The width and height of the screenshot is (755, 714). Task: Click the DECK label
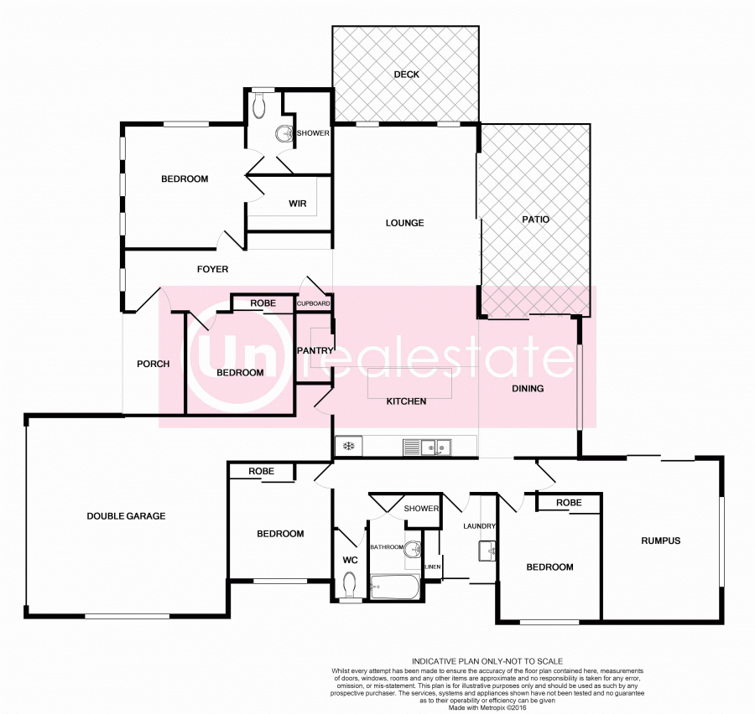pos(406,75)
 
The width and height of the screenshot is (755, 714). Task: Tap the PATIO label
pos(535,220)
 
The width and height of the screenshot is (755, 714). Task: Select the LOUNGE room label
pos(404,223)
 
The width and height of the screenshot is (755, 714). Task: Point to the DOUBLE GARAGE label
pos(126,516)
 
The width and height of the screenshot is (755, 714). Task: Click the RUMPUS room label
pos(660,541)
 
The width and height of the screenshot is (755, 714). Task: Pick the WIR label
pos(297,203)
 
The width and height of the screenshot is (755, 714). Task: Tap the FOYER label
pos(212,269)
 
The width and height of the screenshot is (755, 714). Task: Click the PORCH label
pos(154,364)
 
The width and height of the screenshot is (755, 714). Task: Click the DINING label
pos(528,388)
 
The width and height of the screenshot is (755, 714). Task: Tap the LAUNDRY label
pos(480,526)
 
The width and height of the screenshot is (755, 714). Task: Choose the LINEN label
pos(432,567)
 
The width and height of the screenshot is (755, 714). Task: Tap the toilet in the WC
pos(350,582)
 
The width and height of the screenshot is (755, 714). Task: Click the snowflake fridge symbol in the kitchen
pos(346,447)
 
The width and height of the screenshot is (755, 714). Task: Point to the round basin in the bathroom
pos(413,551)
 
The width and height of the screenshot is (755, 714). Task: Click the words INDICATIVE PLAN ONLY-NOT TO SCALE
pos(487,661)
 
